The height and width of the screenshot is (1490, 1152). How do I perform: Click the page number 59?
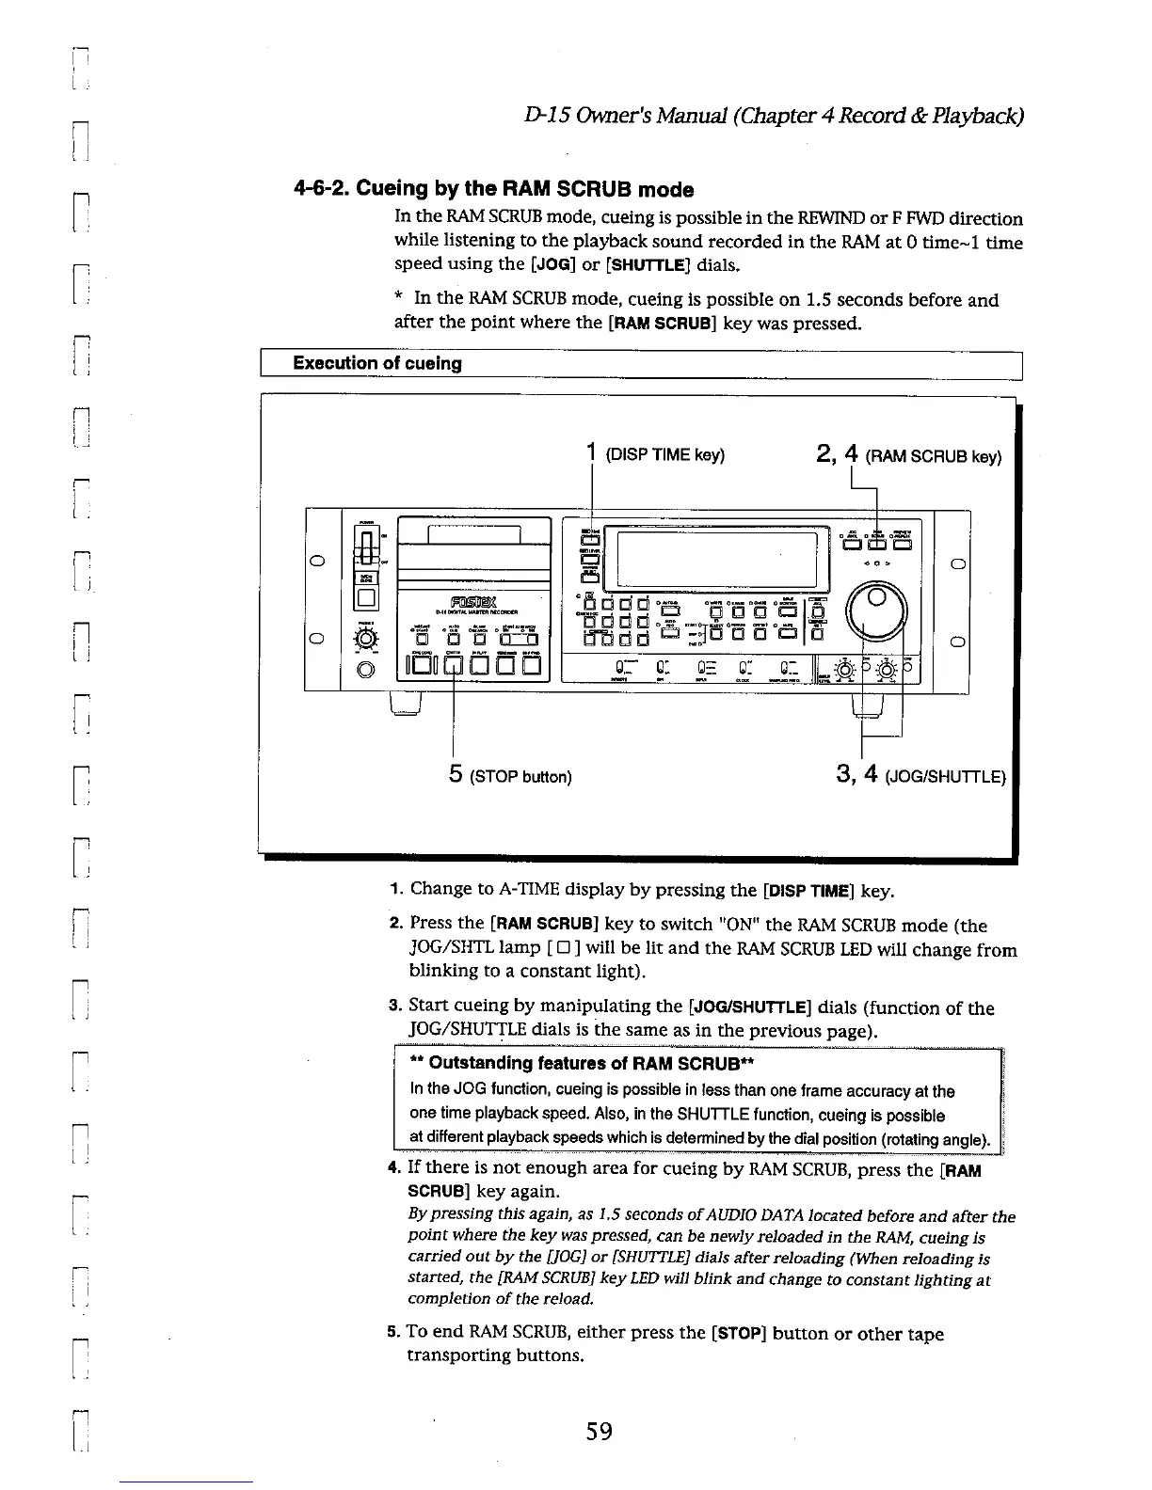[599, 1432]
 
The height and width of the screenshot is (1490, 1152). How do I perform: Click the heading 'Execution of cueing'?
[377, 363]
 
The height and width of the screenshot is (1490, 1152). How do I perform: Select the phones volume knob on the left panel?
[366, 641]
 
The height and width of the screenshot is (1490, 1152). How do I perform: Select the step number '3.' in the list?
[396, 1007]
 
